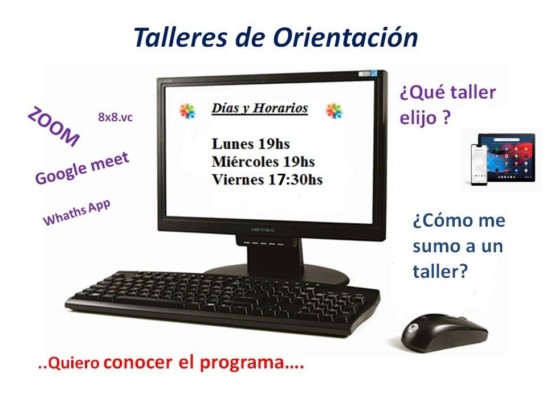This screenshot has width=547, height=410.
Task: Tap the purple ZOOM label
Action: [54, 127]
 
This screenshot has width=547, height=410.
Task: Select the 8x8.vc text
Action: [115, 117]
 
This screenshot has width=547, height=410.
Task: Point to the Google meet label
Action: [82, 168]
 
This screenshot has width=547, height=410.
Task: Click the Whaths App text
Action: [77, 212]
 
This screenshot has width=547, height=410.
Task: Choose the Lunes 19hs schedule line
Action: [251, 143]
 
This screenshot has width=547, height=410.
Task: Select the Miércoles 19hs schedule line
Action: [263, 161]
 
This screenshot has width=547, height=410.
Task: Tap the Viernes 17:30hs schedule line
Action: [267, 179]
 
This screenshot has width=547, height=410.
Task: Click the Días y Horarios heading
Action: [260, 108]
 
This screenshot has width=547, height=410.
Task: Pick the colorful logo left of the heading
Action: [187, 111]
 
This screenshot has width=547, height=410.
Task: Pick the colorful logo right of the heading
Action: [334, 111]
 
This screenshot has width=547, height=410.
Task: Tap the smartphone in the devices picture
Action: [479, 165]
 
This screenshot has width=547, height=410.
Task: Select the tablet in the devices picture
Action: [507, 157]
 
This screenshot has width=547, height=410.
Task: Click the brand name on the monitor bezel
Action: [263, 229]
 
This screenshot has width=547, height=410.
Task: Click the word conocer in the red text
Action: [138, 363]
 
